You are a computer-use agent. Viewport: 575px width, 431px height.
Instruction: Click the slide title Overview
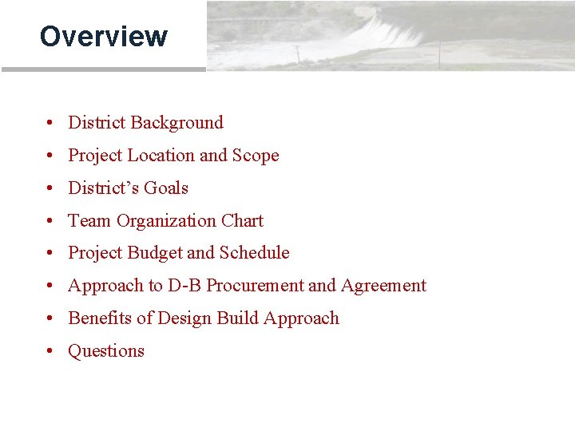[103, 37]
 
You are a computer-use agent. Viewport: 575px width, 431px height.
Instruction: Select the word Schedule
[254, 253]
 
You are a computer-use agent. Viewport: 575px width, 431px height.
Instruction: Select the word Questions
[106, 351]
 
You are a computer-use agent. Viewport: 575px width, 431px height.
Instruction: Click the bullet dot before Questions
[50, 352]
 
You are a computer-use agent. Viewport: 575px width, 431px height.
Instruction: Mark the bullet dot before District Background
[50, 124]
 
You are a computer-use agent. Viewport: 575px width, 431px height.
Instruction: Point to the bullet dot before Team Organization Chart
[50, 222]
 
